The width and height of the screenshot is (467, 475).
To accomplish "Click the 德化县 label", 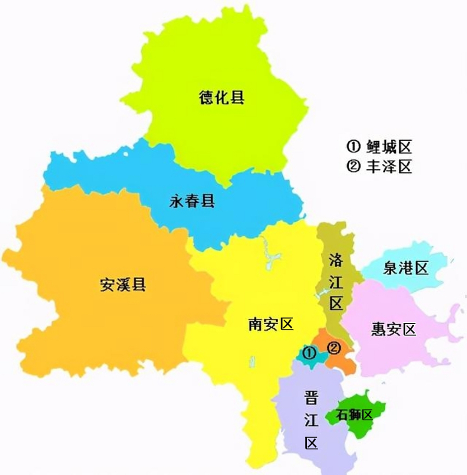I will [221, 98].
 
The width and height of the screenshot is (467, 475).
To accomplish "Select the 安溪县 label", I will [123, 285].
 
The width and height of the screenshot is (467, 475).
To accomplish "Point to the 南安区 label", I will [270, 324].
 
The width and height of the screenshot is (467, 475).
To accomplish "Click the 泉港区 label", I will [405, 268].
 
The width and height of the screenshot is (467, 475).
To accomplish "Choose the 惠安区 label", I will [394, 329].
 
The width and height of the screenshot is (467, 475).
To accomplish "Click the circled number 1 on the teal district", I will [310, 353].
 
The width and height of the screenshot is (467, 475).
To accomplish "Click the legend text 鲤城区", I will [389, 147].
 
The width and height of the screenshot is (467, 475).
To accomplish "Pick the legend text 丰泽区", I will [389, 167].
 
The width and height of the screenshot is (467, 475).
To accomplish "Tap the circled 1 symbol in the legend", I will [353, 147].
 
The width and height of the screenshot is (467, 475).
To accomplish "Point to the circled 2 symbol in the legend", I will [353, 167].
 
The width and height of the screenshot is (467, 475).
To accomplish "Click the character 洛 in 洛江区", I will [336, 260].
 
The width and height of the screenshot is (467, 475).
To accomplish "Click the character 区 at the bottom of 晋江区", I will [311, 443].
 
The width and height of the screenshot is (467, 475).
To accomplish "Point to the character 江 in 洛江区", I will [336, 282].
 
